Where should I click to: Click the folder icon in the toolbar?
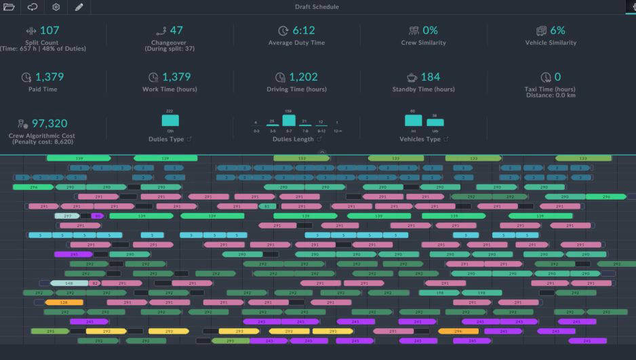pyautogui.click(x=9, y=7)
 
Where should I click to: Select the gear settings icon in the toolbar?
pyautogui.click(x=56, y=7)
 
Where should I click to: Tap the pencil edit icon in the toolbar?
pyautogui.click(x=79, y=7)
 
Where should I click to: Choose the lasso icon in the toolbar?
pyautogui.click(x=33, y=7)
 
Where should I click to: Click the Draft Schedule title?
pyautogui.click(x=317, y=7)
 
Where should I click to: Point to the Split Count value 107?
pyautogui.click(x=49, y=31)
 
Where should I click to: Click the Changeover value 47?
pyautogui.click(x=176, y=31)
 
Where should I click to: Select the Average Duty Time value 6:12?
pyautogui.click(x=304, y=31)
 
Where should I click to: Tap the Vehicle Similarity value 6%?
pyautogui.click(x=557, y=31)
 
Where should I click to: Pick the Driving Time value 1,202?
pyautogui.click(x=303, y=77)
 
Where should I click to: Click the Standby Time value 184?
pyautogui.click(x=430, y=77)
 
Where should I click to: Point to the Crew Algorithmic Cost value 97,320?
pyautogui.click(x=49, y=123)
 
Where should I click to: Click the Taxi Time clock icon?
pyautogui.click(x=546, y=77)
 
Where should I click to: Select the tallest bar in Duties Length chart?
pyautogui.click(x=289, y=121)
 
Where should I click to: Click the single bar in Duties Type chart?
pyautogui.click(x=170, y=121)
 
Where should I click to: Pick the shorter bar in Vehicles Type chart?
pyautogui.click(x=435, y=123)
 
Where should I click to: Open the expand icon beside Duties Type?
pyautogui.click(x=189, y=139)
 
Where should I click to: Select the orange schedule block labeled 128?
pyautogui.click(x=64, y=302)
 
